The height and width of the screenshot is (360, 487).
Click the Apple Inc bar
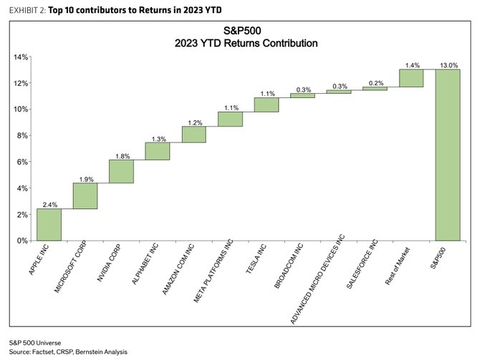click(x=49, y=225)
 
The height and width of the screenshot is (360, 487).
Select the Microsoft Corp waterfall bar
click(x=85, y=196)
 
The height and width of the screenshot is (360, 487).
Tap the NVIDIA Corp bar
click(x=121, y=171)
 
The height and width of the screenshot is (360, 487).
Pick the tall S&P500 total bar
click(x=448, y=155)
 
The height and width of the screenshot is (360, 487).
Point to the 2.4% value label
click(x=49, y=204)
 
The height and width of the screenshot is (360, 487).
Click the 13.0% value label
click(x=448, y=64)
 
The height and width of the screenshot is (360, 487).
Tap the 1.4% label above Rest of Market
click(x=411, y=64)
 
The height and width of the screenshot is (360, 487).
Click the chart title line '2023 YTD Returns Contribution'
click(x=246, y=43)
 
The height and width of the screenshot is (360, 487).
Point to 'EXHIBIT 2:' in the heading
click(x=27, y=9)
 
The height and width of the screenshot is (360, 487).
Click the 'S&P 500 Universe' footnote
click(x=34, y=342)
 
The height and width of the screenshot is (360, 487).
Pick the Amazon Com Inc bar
click(x=193, y=135)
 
